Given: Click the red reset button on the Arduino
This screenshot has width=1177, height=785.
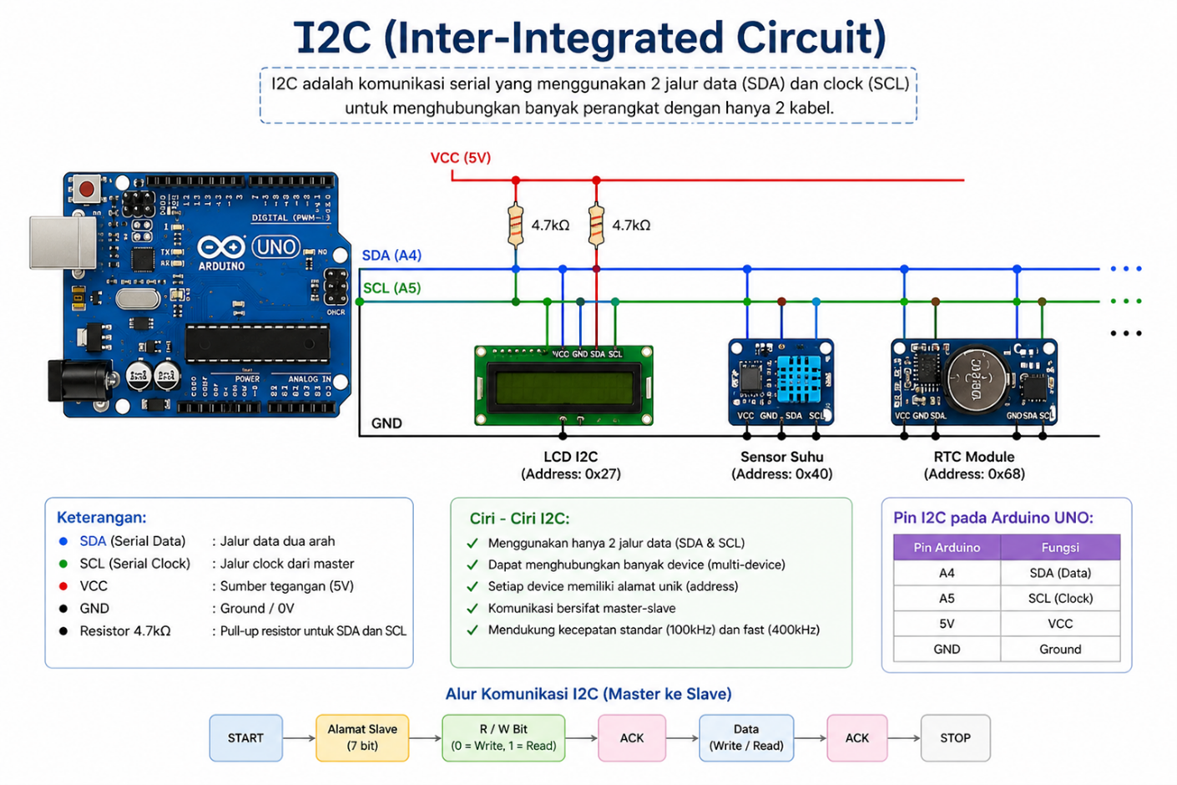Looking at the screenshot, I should tap(86, 188).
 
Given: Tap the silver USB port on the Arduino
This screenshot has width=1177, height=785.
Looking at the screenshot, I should tap(63, 242).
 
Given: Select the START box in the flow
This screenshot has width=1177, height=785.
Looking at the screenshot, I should tap(245, 738).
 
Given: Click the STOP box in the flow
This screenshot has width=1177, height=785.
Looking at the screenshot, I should tap(955, 738).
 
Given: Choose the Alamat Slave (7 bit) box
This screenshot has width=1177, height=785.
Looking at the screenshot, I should tap(362, 738).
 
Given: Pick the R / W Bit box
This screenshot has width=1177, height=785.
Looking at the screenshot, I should tap(503, 738).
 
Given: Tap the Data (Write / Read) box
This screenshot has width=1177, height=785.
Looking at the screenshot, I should tap(746, 738).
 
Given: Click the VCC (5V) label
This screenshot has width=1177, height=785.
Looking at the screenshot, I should tap(460, 158).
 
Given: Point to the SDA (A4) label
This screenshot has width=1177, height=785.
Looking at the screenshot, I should tap(391, 256).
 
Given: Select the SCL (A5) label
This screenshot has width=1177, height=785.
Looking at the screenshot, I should tap(391, 288).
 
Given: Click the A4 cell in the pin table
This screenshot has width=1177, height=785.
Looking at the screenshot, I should tap(947, 573).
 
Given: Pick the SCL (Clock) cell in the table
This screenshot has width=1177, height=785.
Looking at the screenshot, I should tap(1060, 598).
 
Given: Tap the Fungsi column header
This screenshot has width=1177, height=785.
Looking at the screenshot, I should tap(1060, 548).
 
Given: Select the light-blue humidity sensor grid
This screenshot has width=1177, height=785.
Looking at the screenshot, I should tap(799, 377).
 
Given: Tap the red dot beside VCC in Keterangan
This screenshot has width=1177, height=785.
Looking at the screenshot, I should tap(63, 586).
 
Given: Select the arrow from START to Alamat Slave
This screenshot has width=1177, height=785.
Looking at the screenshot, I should tap(299, 738).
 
